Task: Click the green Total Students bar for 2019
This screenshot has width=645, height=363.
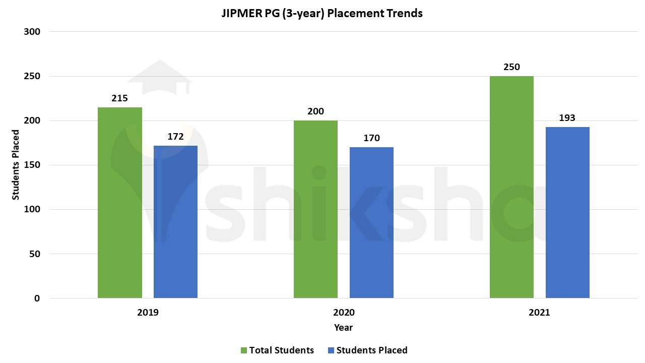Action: coord(120,203)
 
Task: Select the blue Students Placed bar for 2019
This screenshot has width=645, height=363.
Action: coord(175,222)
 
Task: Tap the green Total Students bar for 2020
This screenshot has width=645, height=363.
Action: coord(315,209)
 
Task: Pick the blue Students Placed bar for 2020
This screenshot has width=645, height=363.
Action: coord(371,222)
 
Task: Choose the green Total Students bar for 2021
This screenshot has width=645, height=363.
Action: coord(511,187)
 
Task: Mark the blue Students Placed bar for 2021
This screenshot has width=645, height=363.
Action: coord(567,212)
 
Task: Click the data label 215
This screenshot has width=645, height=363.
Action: coord(119,98)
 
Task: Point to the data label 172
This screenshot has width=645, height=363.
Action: coord(175,137)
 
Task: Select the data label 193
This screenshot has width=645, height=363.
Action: coord(567,118)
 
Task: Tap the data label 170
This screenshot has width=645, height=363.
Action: coord(371,138)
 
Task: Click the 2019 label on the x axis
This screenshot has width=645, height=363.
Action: coord(148,312)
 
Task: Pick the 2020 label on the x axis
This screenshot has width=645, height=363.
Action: coord(344,312)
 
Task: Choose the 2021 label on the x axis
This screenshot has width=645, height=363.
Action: coord(539,312)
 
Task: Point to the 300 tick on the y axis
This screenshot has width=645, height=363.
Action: coord(32,32)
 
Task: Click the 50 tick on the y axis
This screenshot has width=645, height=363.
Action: coord(34,254)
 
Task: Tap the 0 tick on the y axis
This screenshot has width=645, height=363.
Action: coord(37,298)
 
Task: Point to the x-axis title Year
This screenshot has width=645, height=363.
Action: coord(343,327)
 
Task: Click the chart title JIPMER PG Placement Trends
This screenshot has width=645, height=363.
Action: coord(322,13)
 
